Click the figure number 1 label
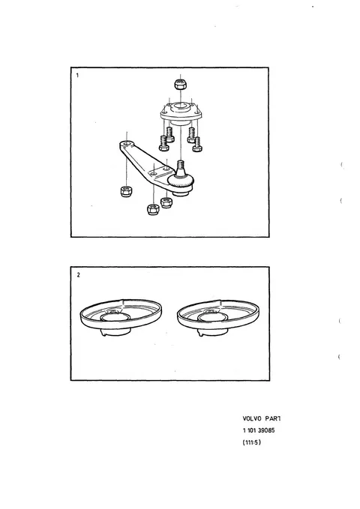pyautogui.click(x=77, y=75)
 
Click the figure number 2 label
pyautogui.click(x=78, y=275)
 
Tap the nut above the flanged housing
pyautogui.click(x=180, y=85)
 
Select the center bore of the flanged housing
pyautogui.click(x=180, y=106)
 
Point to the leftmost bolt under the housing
pyautogui.click(x=163, y=143)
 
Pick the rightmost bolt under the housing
pyautogui.click(x=197, y=145)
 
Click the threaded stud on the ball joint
pyautogui.click(x=181, y=166)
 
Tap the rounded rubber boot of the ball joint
pyautogui.click(x=181, y=181)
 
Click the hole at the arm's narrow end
pyautogui.click(x=127, y=143)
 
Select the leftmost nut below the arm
pyautogui.click(x=126, y=191)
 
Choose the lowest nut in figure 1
pyautogui.click(x=153, y=209)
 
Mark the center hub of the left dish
pyautogui.click(x=115, y=316)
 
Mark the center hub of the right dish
pyautogui.click(x=213, y=316)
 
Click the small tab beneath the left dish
pyautogui.click(x=103, y=333)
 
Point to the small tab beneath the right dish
pyautogui.click(x=201, y=333)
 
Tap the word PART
pyautogui.click(x=273, y=418)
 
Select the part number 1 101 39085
pyautogui.click(x=259, y=430)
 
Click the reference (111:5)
pyautogui.click(x=252, y=442)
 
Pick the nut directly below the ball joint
pyautogui.click(x=166, y=202)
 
